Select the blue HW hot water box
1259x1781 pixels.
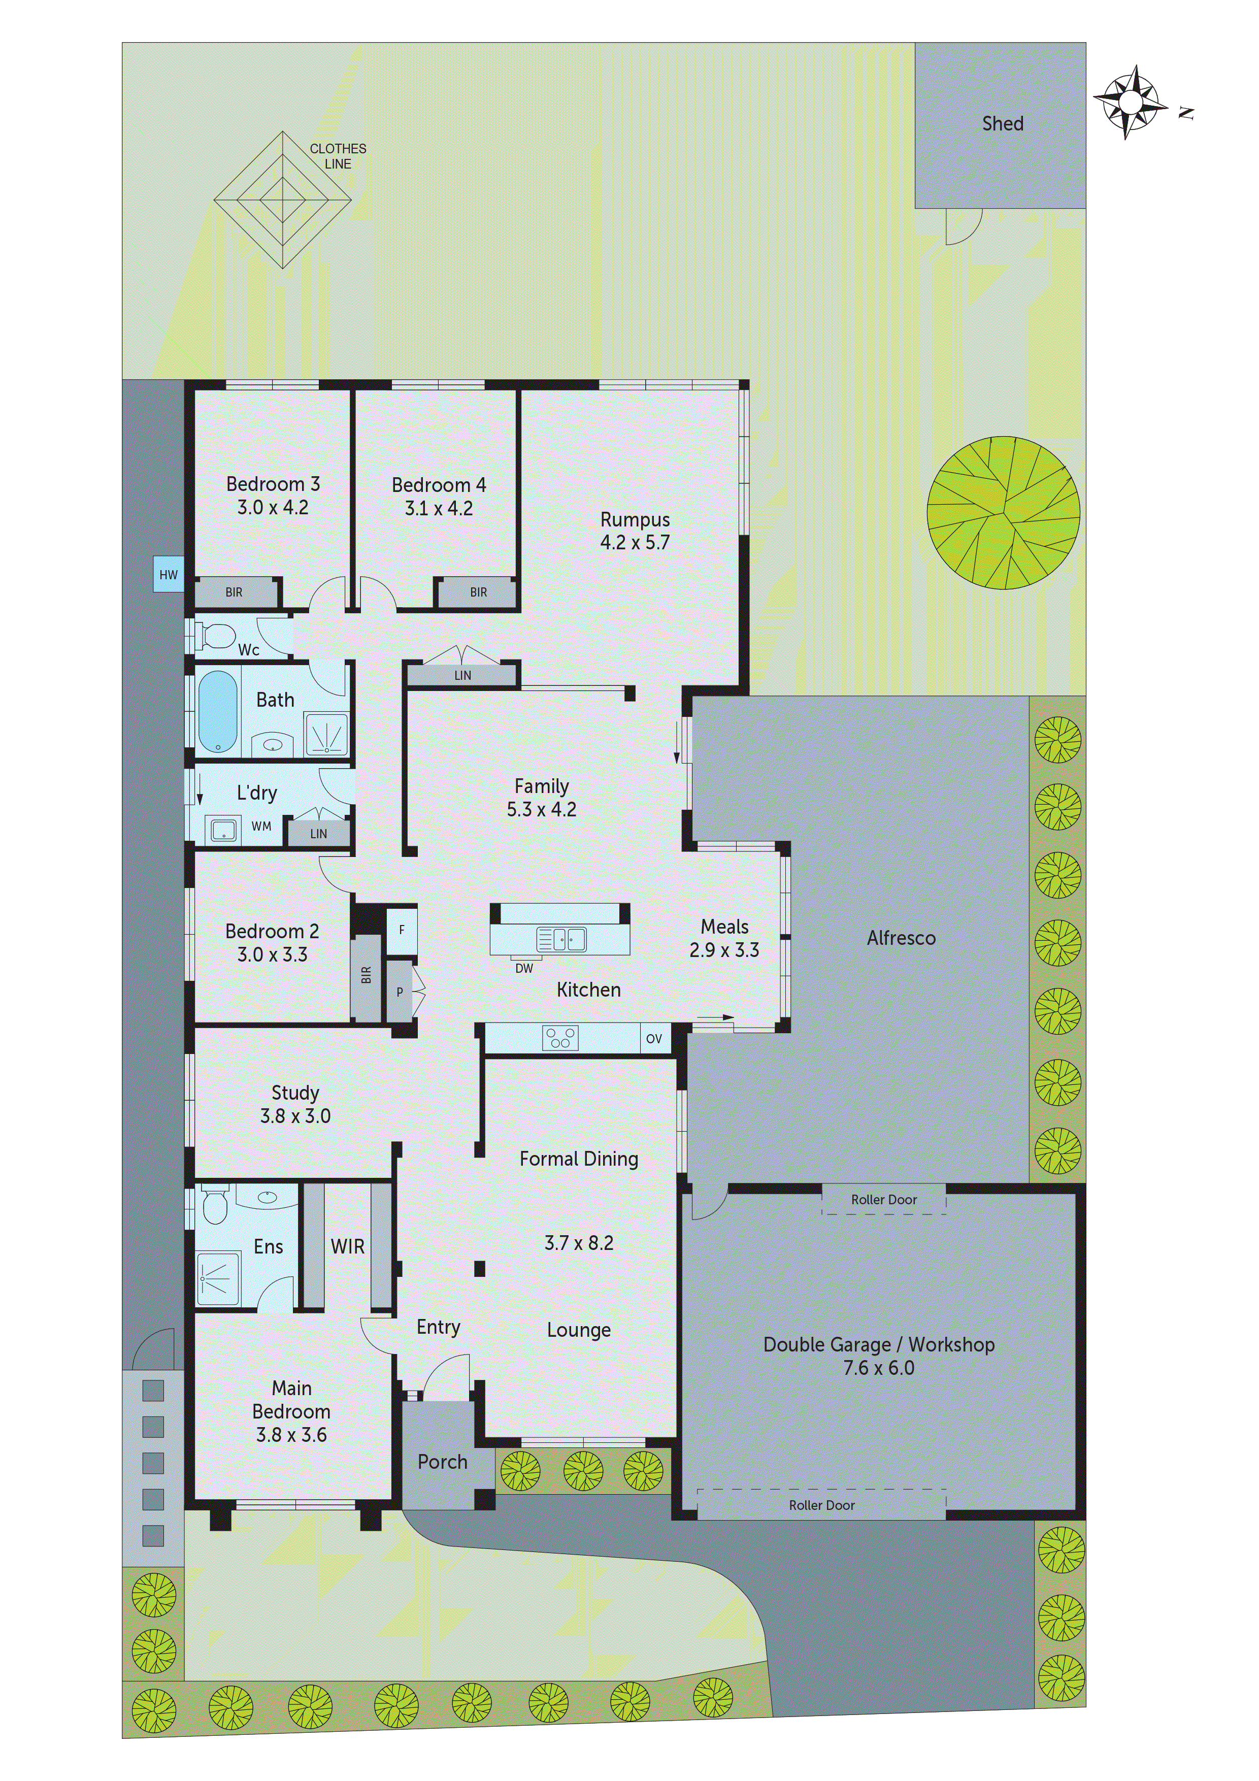(169, 575)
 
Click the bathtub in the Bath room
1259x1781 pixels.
(218, 711)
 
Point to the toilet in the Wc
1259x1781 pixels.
(217, 636)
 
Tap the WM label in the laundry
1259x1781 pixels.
(261, 827)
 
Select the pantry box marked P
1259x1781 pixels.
(400, 992)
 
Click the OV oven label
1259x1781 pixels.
(654, 1039)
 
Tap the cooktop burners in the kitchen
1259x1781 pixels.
(560, 1038)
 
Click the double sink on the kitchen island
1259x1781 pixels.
(561, 939)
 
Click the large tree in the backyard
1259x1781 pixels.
(1003, 513)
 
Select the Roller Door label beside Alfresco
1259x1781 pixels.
(883, 1200)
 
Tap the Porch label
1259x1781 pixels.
(442, 1462)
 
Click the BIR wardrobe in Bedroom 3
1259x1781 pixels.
(234, 592)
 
